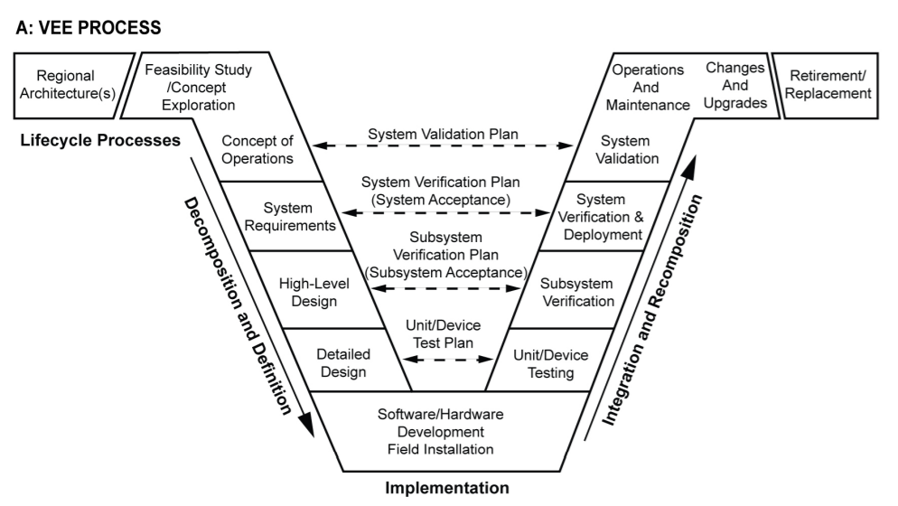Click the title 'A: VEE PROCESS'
click(89, 28)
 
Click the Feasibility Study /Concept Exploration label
click(198, 87)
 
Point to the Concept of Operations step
click(257, 150)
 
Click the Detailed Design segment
click(342, 361)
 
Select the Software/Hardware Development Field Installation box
click(440, 431)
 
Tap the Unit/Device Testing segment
click(549, 361)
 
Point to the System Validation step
click(631, 150)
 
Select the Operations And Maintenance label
click(648, 87)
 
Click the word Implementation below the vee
click(447, 489)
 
